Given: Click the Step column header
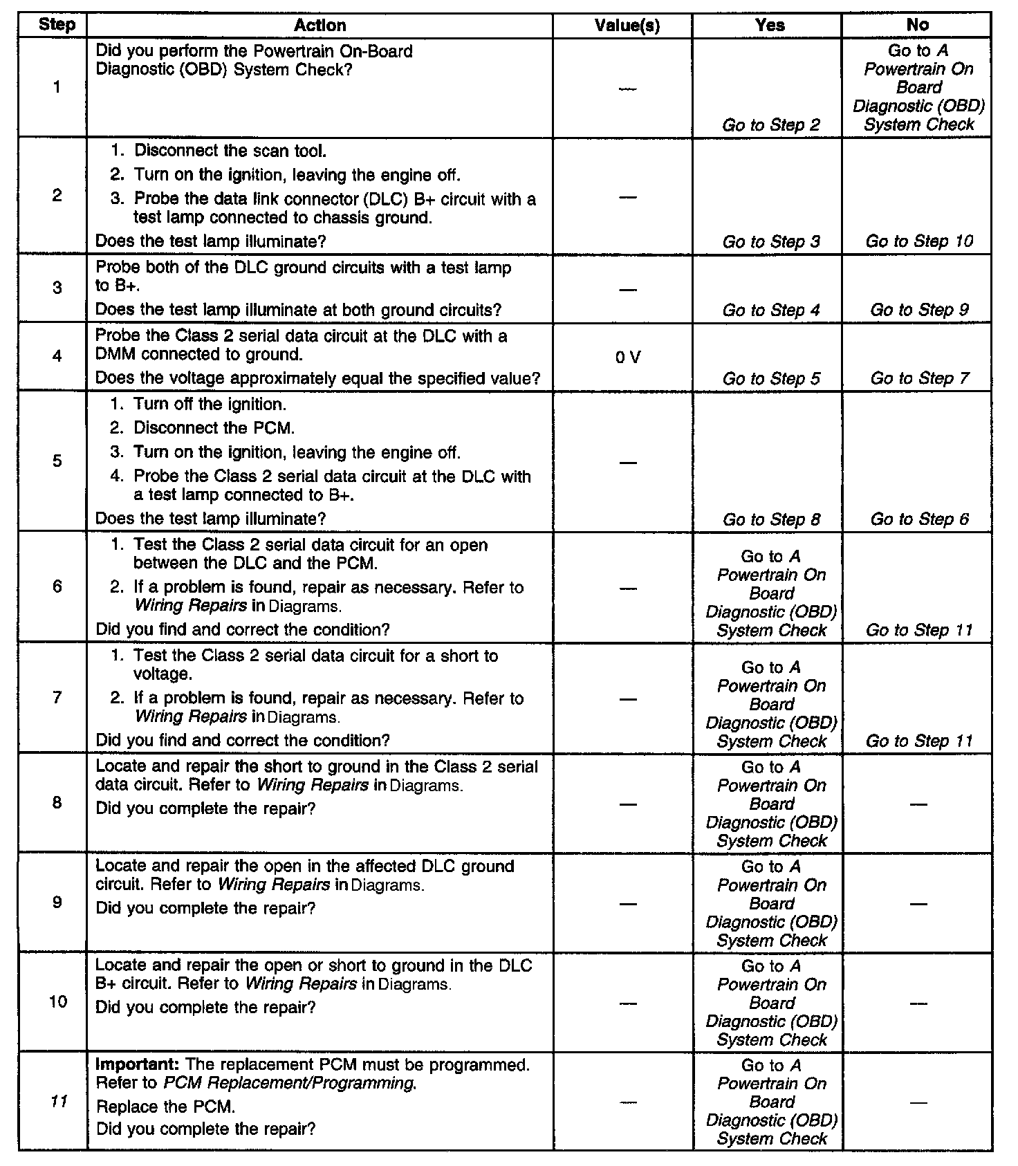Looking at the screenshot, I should click(56, 25).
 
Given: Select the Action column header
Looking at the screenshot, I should click(320, 26).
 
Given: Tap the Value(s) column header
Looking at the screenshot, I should click(627, 26).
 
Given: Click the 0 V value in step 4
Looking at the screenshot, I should click(628, 357).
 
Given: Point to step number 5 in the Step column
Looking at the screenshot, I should click(57, 461).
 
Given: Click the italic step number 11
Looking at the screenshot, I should click(59, 1101).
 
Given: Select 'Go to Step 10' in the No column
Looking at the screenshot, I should click(918, 241).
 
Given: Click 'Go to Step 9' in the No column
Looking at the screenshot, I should click(918, 310).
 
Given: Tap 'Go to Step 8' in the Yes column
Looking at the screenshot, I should click(770, 519).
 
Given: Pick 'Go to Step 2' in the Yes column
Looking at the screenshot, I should click(770, 125).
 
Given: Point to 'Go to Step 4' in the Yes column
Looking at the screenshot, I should click(770, 310).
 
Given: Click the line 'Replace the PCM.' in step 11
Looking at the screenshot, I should click(165, 1107).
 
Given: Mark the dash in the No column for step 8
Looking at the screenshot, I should click(918, 804).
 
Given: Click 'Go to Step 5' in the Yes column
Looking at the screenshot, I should click(770, 378).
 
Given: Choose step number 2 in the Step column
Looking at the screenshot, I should click(57, 196).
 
